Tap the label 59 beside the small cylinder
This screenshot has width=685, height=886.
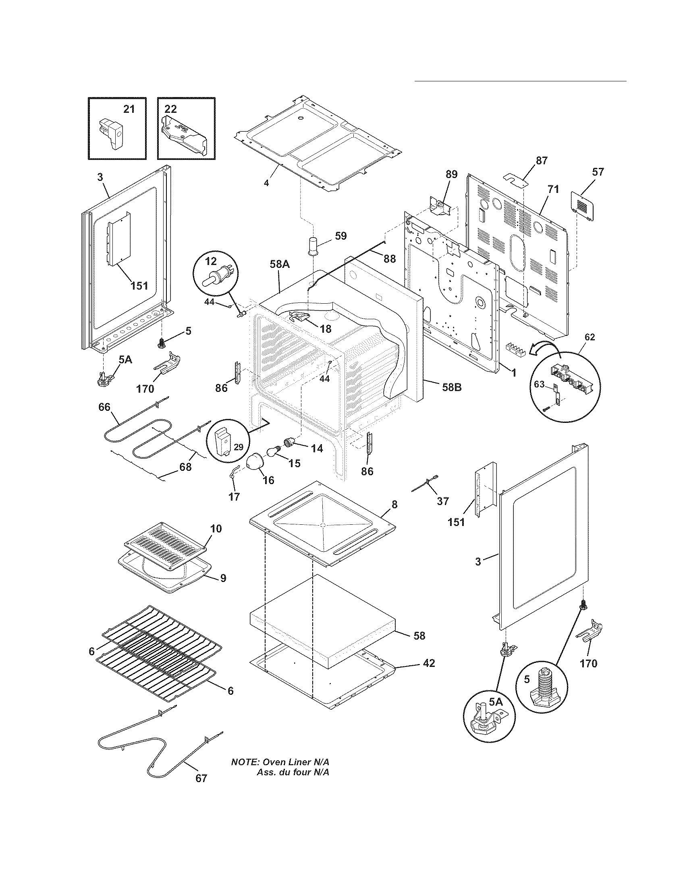pos(341,236)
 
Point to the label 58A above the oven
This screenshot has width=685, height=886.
pos(280,264)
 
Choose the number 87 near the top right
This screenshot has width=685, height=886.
pos(541,160)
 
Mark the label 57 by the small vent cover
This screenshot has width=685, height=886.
pos(598,172)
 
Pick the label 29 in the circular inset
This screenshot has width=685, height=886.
pos(239,447)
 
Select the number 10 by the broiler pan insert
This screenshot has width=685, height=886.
pos(216,528)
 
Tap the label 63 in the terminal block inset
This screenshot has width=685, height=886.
pos(539,384)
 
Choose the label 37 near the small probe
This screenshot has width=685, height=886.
pos(443,501)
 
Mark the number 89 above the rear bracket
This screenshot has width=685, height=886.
pos(451,174)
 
